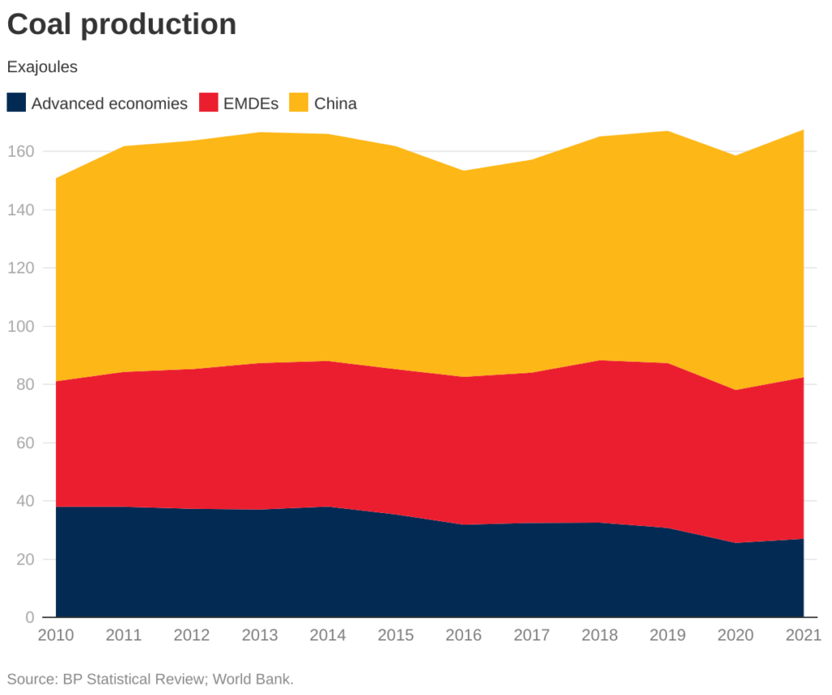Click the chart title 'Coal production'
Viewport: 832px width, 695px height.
(122, 24)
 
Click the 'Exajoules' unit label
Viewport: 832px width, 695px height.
(42, 67)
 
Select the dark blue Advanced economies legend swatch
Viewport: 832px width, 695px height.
(16, 103)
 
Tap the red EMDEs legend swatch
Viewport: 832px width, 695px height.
(209, 103)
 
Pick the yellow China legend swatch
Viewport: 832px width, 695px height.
(300, 103)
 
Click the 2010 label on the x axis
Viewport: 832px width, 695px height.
(56, 635)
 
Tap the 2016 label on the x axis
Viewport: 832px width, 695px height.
(464, 635)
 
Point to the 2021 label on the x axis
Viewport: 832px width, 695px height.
(801, 635)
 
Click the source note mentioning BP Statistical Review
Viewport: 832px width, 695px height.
(150, 679)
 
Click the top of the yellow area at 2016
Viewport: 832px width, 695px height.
(464, 171)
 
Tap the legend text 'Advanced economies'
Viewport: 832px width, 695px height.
(110, 104)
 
